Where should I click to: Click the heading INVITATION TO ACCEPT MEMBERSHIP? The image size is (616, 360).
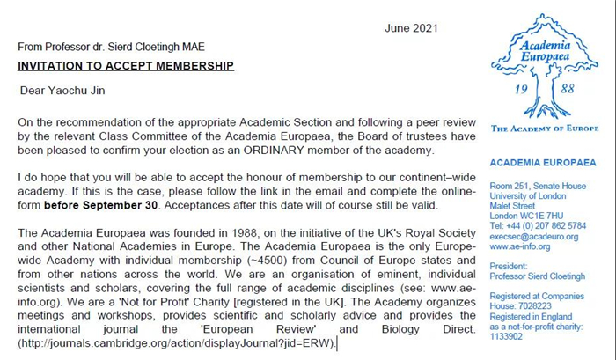pos(125,66)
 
